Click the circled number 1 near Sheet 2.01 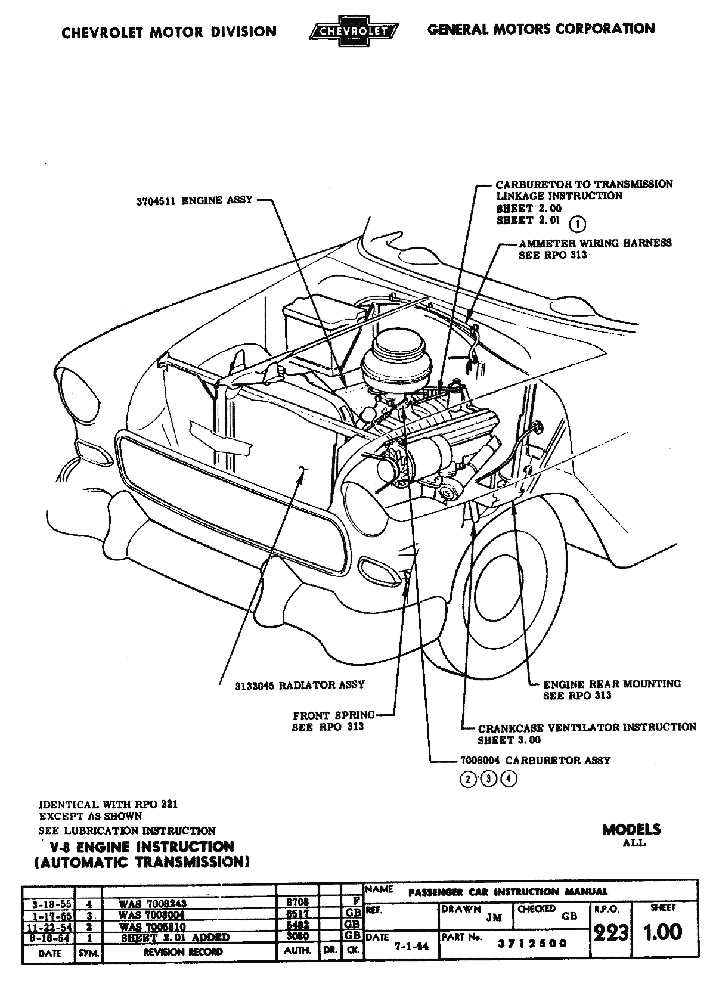tap(577, 224)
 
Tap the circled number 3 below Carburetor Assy tap(489, 779)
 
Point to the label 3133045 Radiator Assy tap(300, 685)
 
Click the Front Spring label tap(333, 715)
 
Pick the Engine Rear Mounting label tap(612, 684)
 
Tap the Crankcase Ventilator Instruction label tap(587, 728)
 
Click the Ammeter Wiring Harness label tap(595, 243)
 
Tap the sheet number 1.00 tap(662, 932)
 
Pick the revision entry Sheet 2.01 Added tap(175, 938)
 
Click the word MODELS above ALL tap(631, 830)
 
